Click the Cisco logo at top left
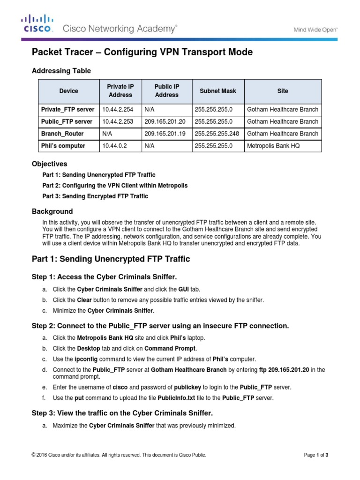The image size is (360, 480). (38, 23)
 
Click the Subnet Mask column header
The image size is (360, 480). (218, 91)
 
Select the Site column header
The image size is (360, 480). (283, 91)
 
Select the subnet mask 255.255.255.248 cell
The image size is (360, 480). (217, 134)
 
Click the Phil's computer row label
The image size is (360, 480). (63, 146)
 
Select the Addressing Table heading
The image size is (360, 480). (61, 71)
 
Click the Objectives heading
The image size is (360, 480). (49, 164)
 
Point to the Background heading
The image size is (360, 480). (52, 211)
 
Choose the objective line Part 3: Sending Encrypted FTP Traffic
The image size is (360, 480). (95, 196)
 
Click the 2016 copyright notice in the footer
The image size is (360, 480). (119, 455)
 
